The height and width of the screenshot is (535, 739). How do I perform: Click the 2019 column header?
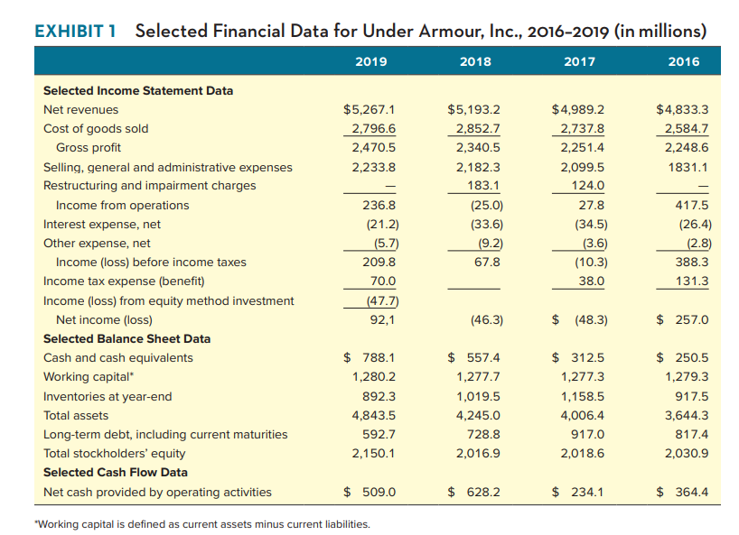click(x=371, y=61)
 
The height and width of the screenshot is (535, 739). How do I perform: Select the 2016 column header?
click(x=683, y=61)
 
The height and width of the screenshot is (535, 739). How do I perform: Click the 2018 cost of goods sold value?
click(x=481, y=128)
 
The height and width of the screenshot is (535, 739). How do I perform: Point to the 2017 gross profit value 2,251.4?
click(x=583, y=147)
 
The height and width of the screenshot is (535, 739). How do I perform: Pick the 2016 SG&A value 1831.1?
click(x=689, y=167)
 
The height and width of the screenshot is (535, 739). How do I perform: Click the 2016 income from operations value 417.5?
click(x=691, y=205)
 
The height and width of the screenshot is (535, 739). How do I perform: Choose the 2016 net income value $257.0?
click(x=683, y=319)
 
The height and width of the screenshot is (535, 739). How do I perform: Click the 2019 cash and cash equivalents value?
click(x=371, y=357)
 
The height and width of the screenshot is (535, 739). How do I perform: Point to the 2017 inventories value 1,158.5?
click(x=583, y=396)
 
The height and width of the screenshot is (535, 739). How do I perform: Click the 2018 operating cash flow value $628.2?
click(x=475, y=492)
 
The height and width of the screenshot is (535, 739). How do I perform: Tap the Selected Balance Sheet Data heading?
click(x=126, y=338)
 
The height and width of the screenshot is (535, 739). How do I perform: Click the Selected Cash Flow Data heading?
click(x=116, y=472)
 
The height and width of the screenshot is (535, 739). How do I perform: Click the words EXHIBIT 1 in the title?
click(x=77, y=30)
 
